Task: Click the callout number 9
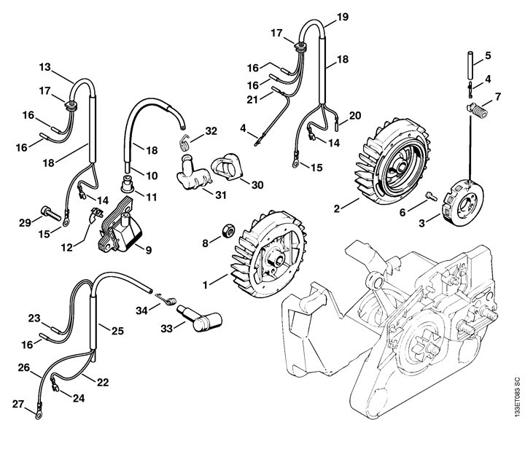148,250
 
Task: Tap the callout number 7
497,96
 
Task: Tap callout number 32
211,131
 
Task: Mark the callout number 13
44,67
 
